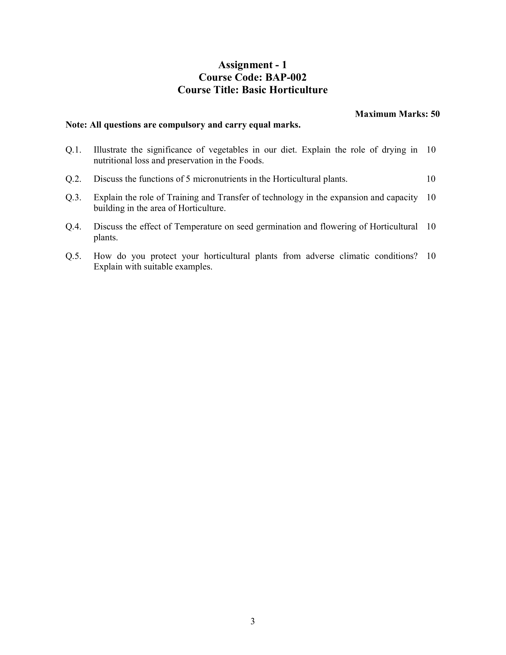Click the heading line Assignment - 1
(x=252, y=65)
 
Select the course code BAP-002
(x=286, y=77)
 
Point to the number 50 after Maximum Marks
(x=435, y=114)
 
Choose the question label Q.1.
(x=74, y=150)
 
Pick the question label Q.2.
(x=74, y=179)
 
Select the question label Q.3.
(x=74, y=197)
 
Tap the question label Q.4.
(x=74, y=227)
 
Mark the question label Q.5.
(x=74, y=256)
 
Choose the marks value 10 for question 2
(x=431, y=179)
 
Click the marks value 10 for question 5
(x=431, y=256)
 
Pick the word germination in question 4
(x=279, y=227)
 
